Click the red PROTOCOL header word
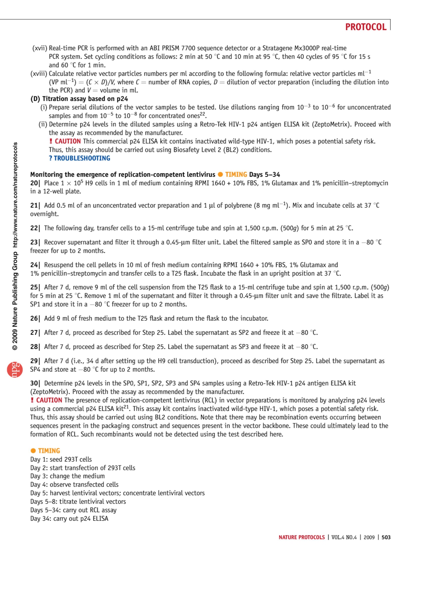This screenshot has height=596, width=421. pos(366,27)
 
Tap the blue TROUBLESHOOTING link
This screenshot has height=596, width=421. pos(80,158)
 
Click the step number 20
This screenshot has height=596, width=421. pos(34,183)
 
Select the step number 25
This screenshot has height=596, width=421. pos(34,287)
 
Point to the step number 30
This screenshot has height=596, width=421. pos(34,384)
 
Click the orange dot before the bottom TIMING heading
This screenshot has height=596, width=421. pos(33,451)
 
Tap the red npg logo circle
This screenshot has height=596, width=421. pos(15,370)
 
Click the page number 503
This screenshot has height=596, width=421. pos(386,537)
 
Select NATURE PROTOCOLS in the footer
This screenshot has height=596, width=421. pos(302,537)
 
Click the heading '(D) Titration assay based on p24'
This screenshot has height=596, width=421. pos(79,99)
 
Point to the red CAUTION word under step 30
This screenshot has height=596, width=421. pos(49,400)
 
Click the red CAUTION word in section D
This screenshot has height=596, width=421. pos(67,141)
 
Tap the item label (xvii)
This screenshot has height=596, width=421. pos(40,48)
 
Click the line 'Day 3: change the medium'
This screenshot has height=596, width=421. pos(67,476)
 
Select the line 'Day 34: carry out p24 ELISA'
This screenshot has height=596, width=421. pos(69,519)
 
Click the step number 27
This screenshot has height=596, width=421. pos(34,333)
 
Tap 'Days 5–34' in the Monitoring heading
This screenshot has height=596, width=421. pos(265,175)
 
